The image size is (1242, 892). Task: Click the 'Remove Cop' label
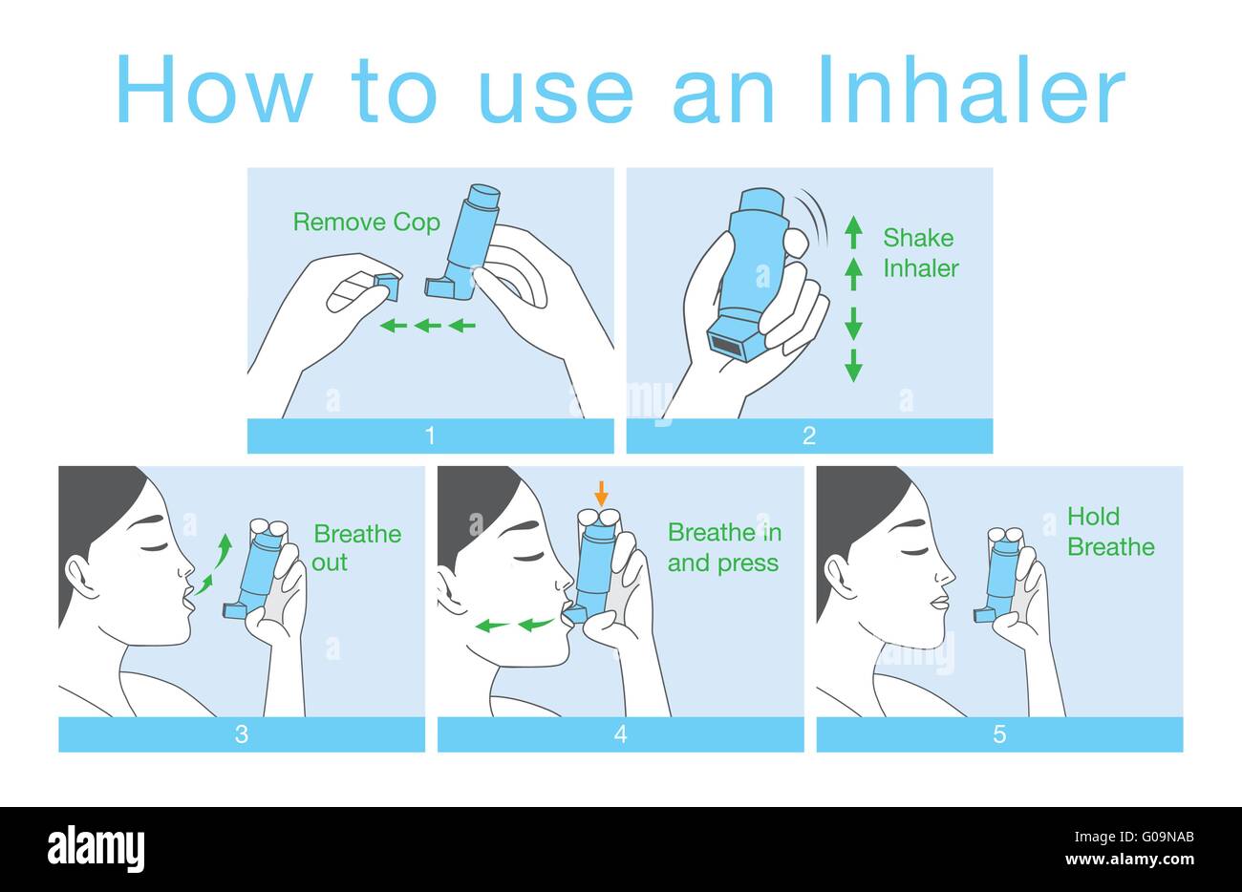click(366, 223)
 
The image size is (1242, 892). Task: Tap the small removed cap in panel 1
click(386, 286)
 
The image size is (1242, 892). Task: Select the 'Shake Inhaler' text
click(919, 253)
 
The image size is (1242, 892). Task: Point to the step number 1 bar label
click(430, 436)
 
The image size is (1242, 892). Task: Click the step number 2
click(809, 436)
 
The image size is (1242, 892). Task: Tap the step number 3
click(242, 734)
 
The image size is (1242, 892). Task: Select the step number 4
click(621, 734)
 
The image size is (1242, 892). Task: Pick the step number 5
click(999, 734)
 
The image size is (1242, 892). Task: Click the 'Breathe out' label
click(357, 547)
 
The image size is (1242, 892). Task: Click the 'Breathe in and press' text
click(723, 547)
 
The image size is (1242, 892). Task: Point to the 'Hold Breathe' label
click(1110, 532)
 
